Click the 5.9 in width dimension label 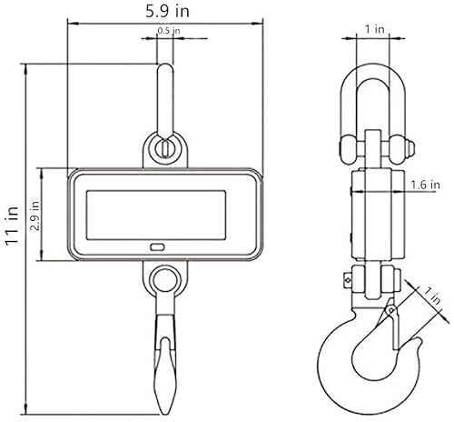168,11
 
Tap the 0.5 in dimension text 169,31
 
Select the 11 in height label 13,226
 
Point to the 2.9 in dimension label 35,216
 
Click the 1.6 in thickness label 425,185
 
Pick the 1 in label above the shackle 375,29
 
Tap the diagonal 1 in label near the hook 431,296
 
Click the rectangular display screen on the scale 156,216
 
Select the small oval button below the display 157,247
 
